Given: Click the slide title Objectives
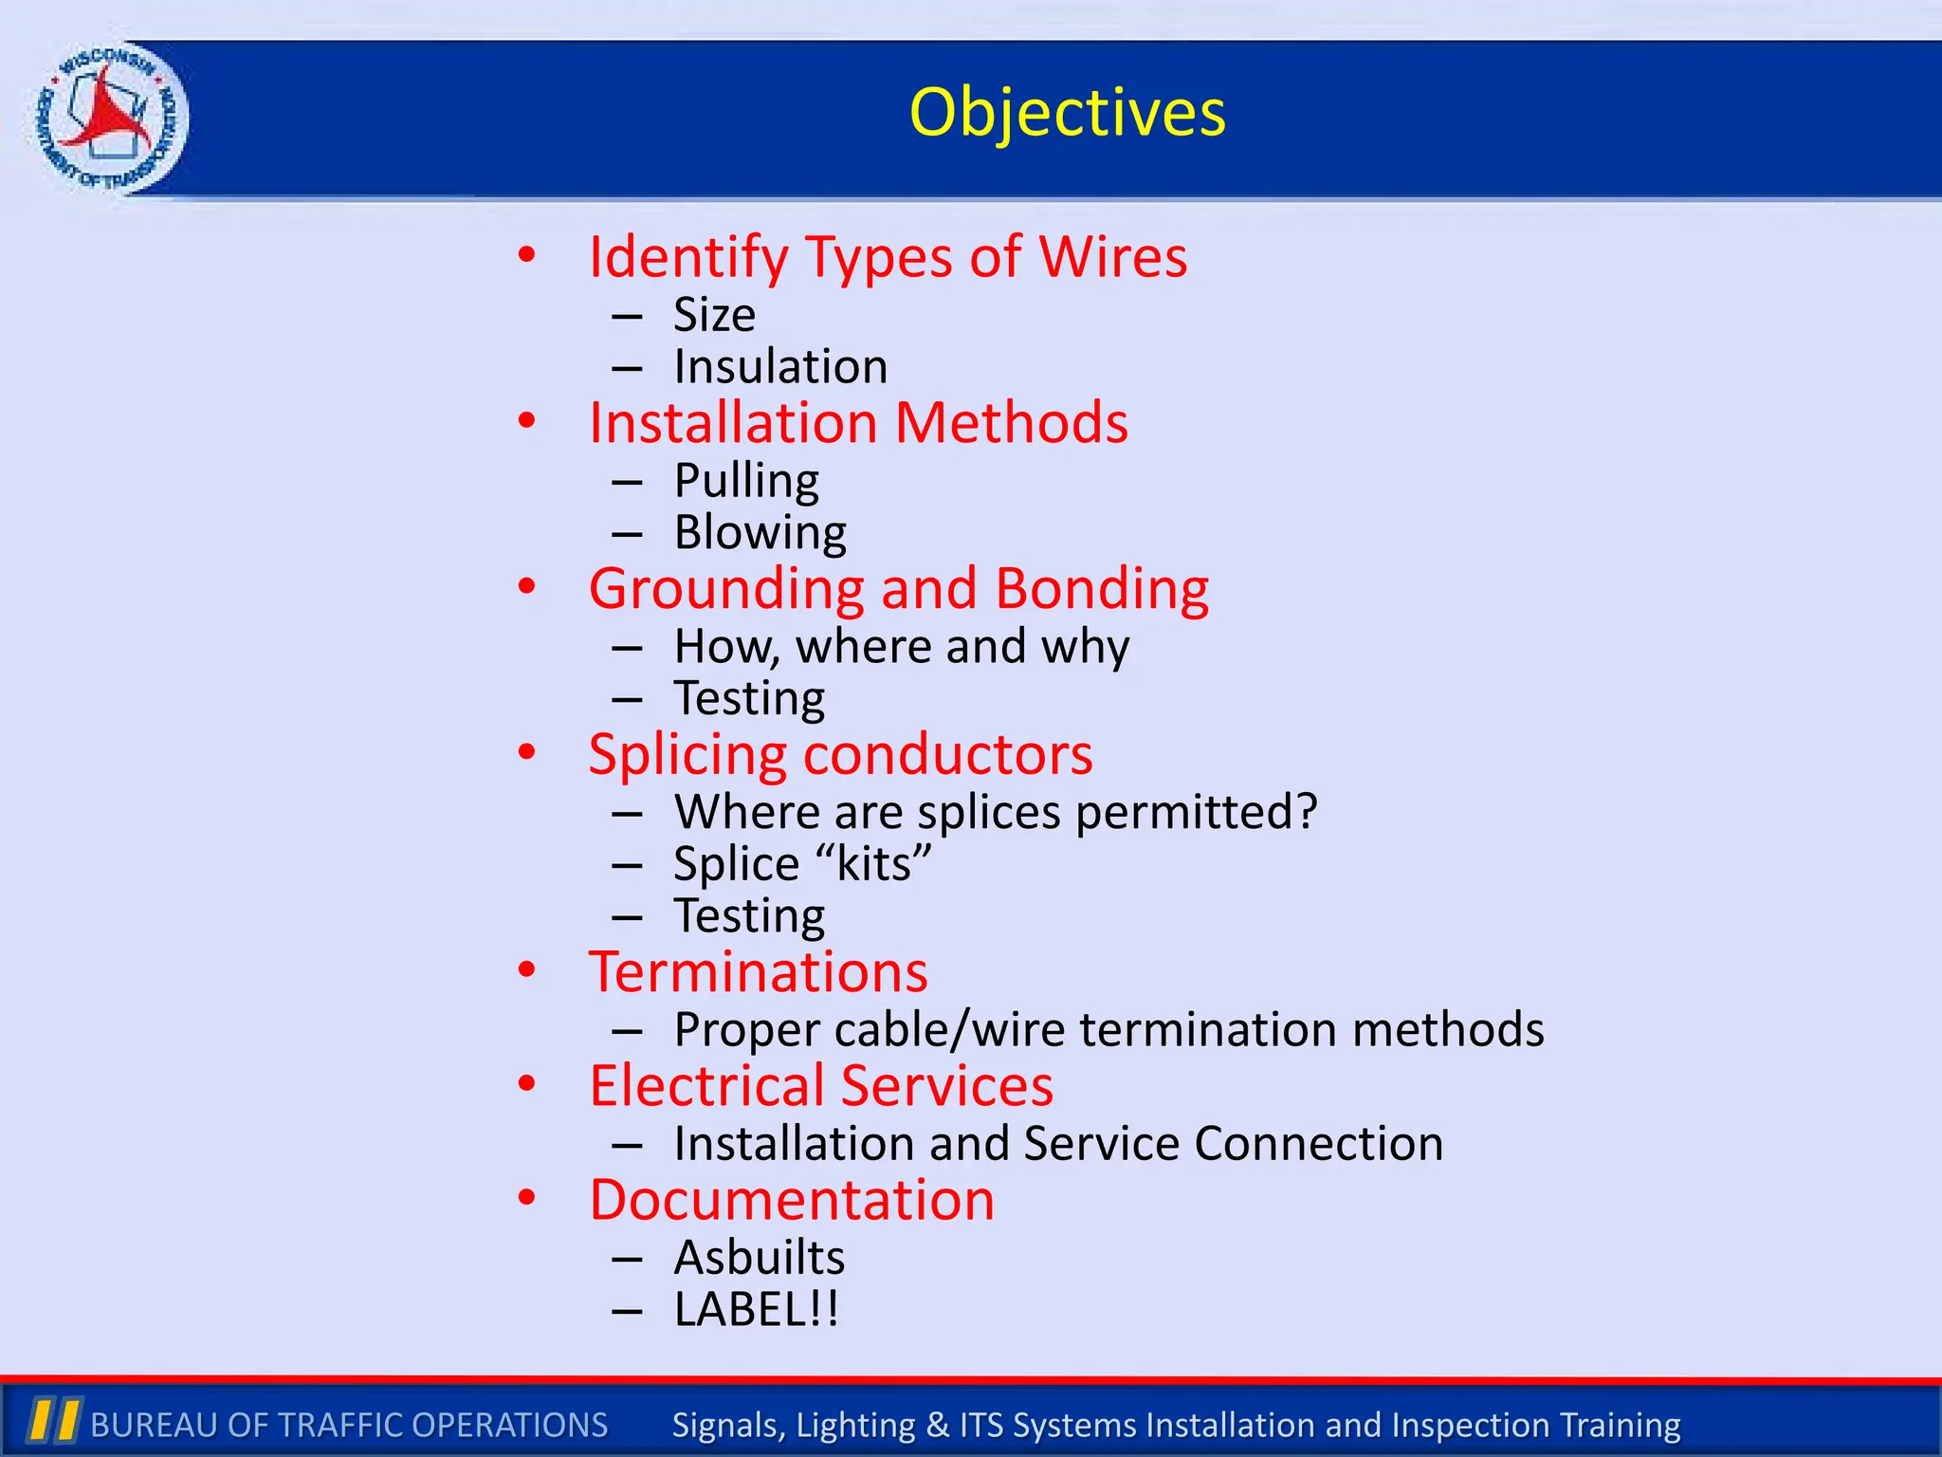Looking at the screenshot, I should pos(1067,113).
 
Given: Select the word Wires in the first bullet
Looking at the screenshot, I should pos(1113,257).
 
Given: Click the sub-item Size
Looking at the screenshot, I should pos(714,315).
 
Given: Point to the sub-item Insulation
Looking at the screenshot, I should pos(780,367).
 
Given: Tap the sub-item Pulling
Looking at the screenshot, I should pos(746,481).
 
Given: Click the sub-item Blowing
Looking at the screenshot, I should pos(760,533).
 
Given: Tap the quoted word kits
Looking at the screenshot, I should pos(873,864).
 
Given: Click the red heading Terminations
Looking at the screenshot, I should pos(759,972).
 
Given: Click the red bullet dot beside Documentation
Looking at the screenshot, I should pos(527,1197).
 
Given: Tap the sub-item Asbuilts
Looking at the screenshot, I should pos(759,1258).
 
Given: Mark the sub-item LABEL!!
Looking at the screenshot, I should pos(756,1310).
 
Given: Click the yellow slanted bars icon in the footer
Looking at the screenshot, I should pos(53,1420).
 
